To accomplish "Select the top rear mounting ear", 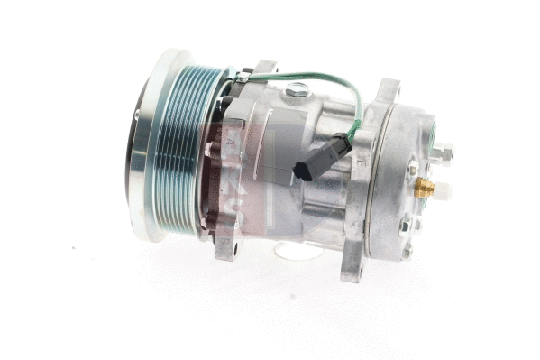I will point(389,90).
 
